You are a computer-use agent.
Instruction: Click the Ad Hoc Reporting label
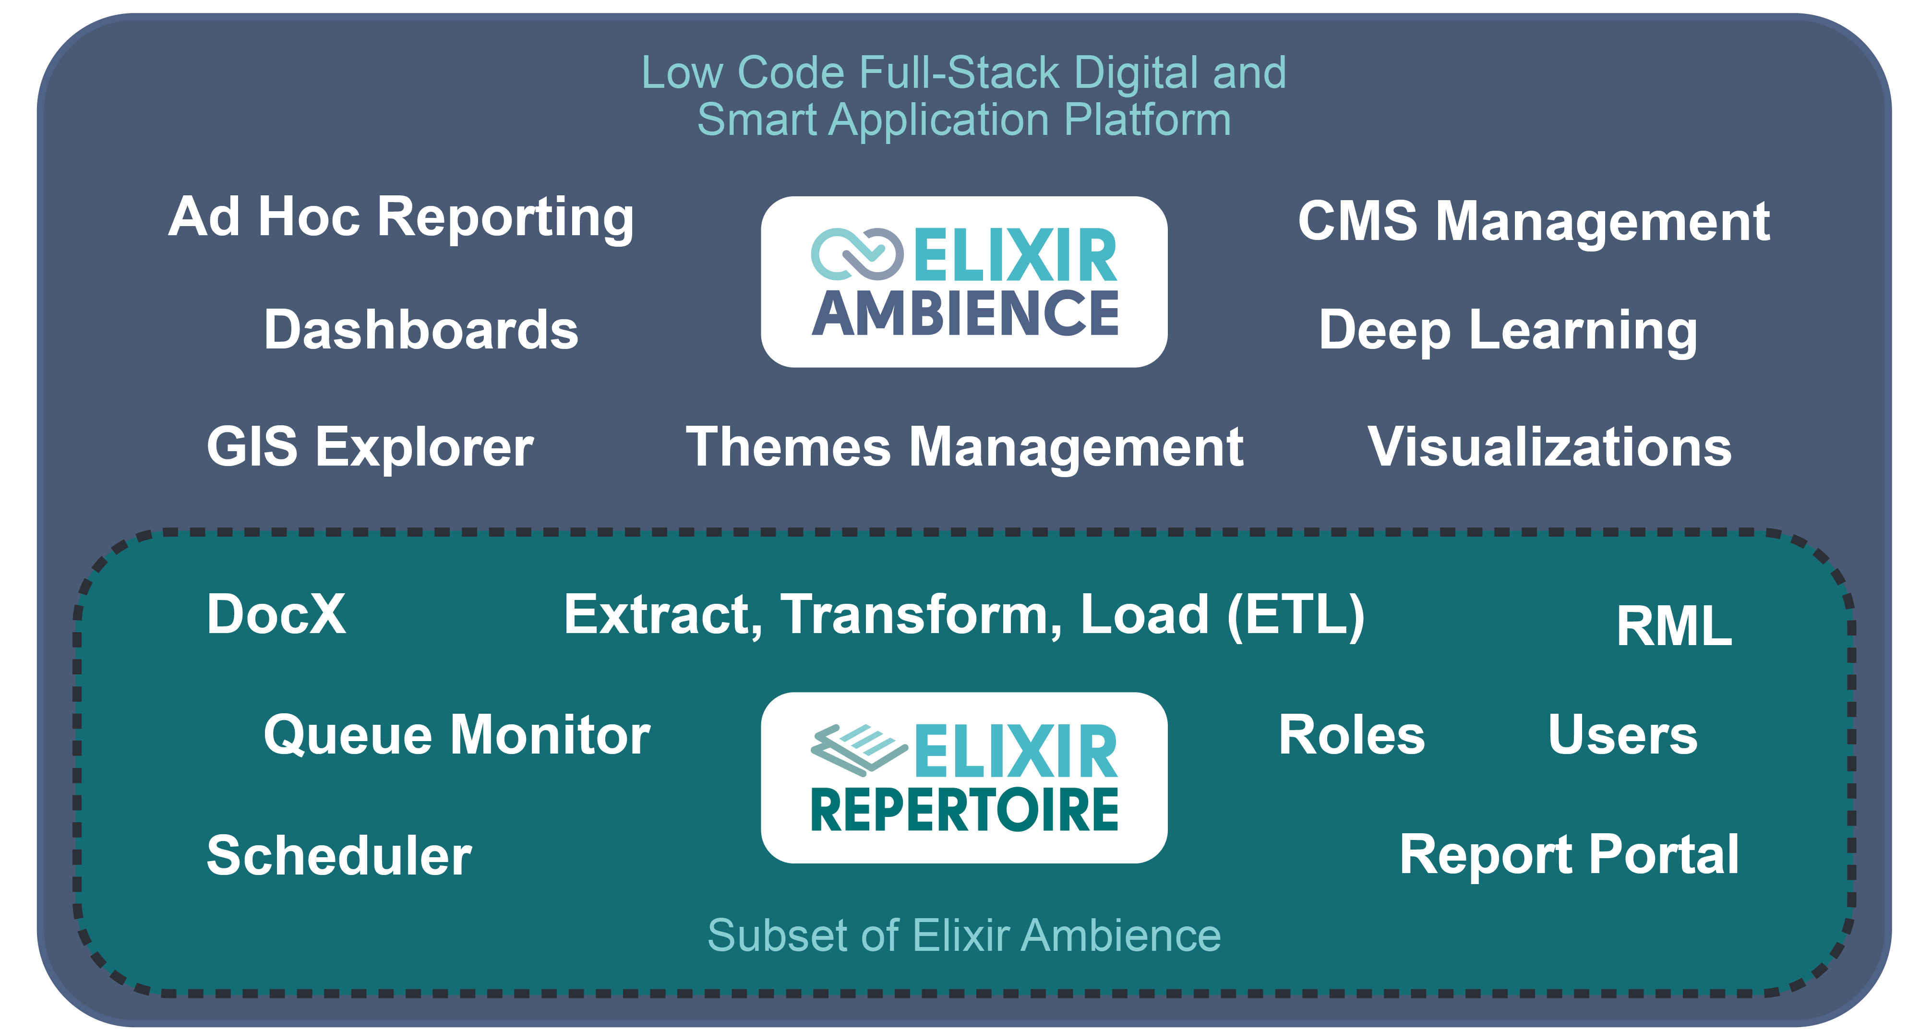(x=401, y=218)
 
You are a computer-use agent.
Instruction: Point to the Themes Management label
(x=964, y=447)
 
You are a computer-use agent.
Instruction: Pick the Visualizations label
(x=1549, y=447)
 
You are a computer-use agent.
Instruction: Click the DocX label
(x=276, y=614)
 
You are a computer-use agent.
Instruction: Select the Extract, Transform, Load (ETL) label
(x=964, y=615)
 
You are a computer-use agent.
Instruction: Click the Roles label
(x=1351, y=735)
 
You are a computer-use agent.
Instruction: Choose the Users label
(x=1622, y=735)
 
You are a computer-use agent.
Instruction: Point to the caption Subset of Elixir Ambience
(x=964, y=935)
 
